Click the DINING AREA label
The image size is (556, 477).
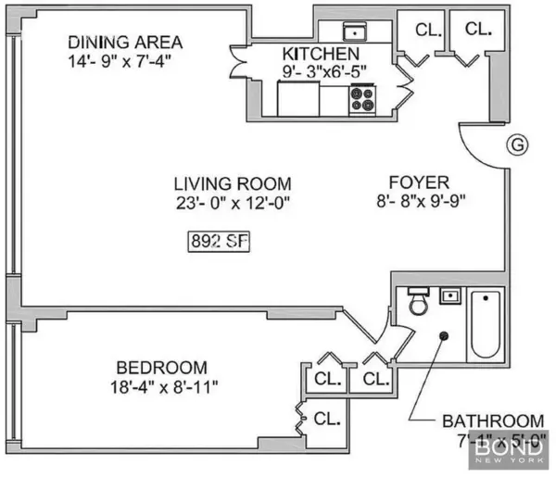coord(126,43)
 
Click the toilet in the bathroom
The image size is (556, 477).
coord(416,303)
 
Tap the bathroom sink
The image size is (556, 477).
coord(450,297)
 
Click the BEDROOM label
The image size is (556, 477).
coord(162,367)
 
